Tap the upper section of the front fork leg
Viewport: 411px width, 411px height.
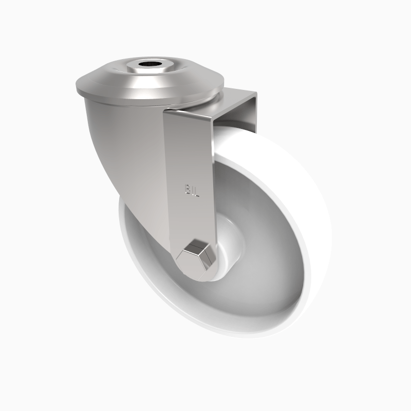(x=188, y=144)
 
